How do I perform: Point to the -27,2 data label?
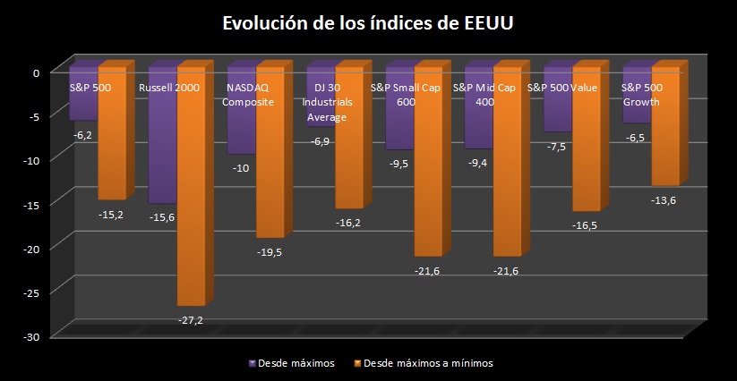click(x=191, y=319)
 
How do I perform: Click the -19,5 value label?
click(x=269, y=252)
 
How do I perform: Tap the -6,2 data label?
click(x=82, y=134)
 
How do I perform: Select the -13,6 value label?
click(x=664, y=200)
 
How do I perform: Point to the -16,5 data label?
click(x=586, y=226)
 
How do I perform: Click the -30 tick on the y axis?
click(x=32, y=336)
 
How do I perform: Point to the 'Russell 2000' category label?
click(x=169, y=88)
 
